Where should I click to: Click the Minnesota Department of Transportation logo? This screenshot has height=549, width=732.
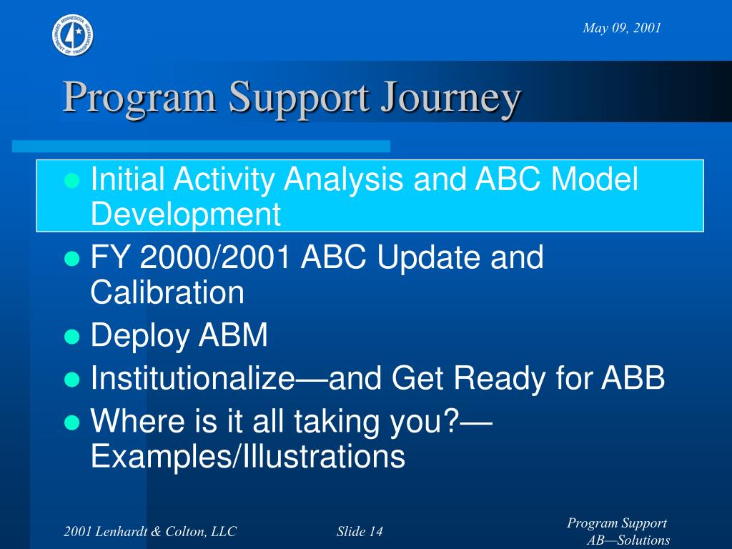pos(72,35)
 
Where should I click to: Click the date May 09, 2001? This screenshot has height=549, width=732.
pos(622,28)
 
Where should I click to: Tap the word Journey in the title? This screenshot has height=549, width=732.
pos(450,99)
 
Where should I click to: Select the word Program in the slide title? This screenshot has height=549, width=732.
pos(139,99)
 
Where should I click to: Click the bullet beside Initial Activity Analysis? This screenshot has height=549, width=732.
pos(72,179)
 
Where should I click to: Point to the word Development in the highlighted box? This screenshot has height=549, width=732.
pos(186,214)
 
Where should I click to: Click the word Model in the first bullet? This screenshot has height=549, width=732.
pos(594,179)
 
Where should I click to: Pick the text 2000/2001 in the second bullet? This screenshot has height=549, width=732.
pos(216,257)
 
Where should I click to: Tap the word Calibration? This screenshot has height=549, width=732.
pos(167,292)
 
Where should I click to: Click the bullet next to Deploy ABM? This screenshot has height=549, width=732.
pos(72,336)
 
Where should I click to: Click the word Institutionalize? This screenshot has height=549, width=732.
pos(193,377)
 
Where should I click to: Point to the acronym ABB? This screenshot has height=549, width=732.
pos(633,377)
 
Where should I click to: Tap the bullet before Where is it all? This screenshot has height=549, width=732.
pos(72,422)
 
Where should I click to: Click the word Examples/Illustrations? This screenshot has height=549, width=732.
pos(248,456)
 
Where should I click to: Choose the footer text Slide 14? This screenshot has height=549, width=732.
pos(360,531)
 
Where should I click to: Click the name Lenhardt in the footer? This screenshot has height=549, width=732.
pos(117,531)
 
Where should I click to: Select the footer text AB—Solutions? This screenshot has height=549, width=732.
pos(628,540)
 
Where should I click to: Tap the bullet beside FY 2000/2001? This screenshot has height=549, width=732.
pos(72,257)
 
